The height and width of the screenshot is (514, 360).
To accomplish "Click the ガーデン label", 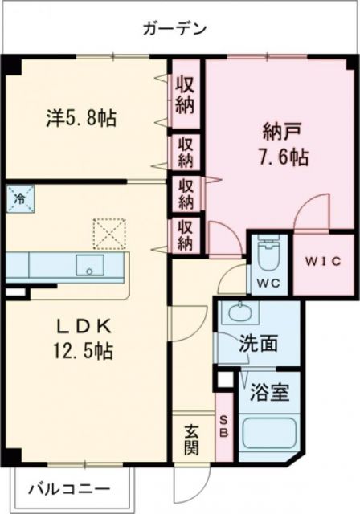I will [175, 30].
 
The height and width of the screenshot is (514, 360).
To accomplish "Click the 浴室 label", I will [264, 394].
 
